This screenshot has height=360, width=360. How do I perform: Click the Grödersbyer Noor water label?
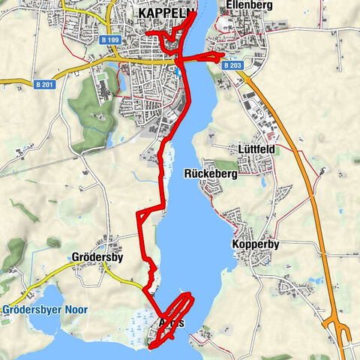pyautogui.click(x=45, y=309)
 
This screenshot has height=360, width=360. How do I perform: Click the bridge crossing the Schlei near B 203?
pyautogui.click(x=196, y=58)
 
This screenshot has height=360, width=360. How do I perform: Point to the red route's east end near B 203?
pyautogui.click(x=223, y=56)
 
